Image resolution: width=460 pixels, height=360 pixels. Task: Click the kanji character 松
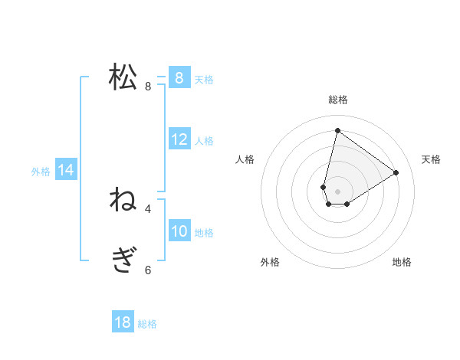pos(123,77)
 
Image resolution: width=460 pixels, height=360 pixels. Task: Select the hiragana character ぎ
pos(123,261)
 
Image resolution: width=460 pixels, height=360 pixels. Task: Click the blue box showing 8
pos(179,77)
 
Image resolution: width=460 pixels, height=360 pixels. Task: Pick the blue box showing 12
pos(179,139)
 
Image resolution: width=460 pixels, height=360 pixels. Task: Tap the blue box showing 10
pos(179,231)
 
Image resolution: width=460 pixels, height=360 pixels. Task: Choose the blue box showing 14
pos(66,170)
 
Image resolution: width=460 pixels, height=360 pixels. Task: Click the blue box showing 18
pos(123,322)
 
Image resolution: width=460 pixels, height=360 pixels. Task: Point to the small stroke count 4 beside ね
pos(148,208)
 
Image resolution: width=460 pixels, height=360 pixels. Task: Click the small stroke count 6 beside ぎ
pos(148,270)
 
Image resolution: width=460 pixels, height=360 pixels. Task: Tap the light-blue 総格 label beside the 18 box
pos(147,324)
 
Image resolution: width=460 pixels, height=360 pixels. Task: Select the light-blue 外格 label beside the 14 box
pos(41,172)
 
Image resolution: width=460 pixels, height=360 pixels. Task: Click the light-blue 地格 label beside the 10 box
pos(204,233)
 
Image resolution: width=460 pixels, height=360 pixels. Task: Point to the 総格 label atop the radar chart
pos(338,100)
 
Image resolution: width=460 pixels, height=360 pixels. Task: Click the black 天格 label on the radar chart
pos(431,159)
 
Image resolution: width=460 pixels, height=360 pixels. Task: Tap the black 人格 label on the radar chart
pos(245,159)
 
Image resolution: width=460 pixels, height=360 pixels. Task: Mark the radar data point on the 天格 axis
pos(396,172)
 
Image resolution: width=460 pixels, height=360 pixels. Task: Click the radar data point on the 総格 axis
pos(337,131)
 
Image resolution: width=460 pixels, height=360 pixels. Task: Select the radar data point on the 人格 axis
pos(324,187)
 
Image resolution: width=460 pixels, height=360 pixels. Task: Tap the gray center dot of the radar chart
pos(337,191)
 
